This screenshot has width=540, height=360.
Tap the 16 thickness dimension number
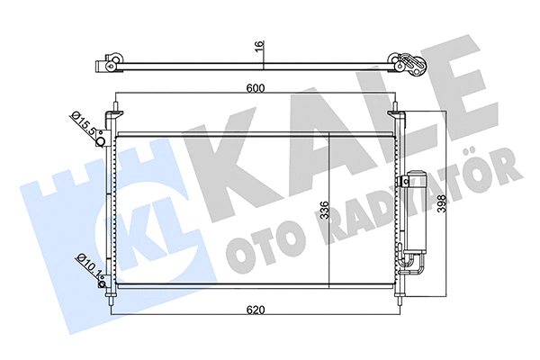tap(258, 49)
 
